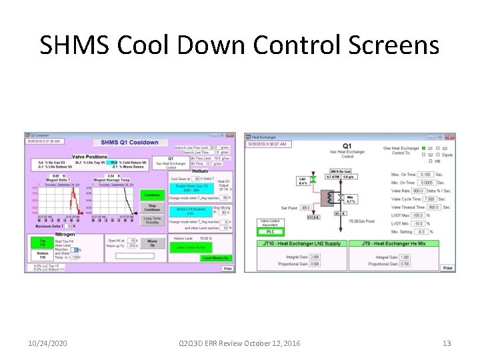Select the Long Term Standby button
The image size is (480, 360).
click(x=151, y=221)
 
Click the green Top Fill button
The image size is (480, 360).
click(x=42, y=242)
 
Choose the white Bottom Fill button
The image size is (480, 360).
click(x=42, y=256)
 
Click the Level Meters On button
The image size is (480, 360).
click(x=216, y=257)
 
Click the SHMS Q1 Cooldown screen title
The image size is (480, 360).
click(x=129, y=142)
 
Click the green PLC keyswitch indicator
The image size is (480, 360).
click(x=270, y=232)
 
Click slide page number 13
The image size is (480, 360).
click(x=447, y=343)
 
